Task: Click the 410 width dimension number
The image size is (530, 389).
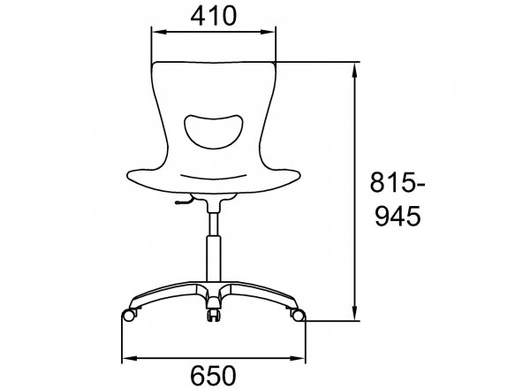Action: (213, 16)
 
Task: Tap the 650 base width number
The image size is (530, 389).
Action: (213, 376)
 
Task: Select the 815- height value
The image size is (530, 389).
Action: (397, 182)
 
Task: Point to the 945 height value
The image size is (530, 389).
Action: (398, 216)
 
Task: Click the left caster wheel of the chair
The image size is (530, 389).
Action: (129, 316)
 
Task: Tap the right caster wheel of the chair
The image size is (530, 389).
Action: (298, 316)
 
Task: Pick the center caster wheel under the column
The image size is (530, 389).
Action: (213, 315)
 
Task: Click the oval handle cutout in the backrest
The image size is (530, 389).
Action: (213, 131)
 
